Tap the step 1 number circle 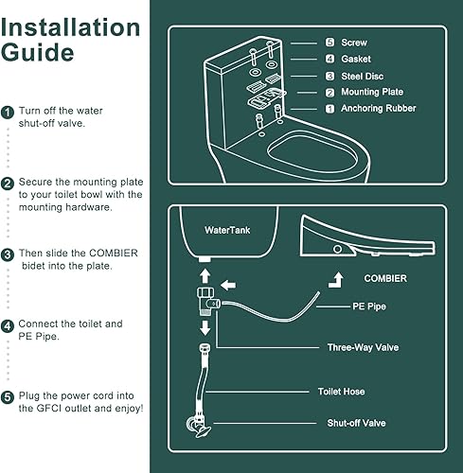(x=8, y=112)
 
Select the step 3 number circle (x=8, y=254)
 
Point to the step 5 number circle (x=8, y=396)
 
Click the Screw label (x=354, y=43)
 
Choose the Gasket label (x=357, y=59)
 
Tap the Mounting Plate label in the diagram (x=372, y=92)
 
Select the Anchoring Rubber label (x=379, y=109)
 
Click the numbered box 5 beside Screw (x=329, y=43)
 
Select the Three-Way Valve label (x=363, y=347)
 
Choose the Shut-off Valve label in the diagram (x=357, y=423)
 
